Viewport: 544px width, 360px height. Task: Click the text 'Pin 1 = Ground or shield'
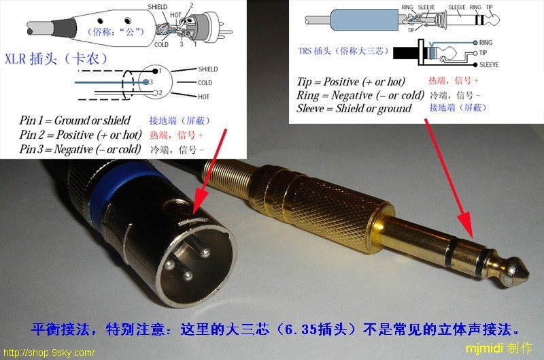[x=75, y=120]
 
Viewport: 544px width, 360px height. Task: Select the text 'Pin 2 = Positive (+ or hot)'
[x=80, y=135]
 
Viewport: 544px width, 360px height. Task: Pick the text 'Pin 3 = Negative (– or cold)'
[x=80, y=149]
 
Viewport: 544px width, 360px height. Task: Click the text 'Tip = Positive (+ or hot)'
[x=351, y=82]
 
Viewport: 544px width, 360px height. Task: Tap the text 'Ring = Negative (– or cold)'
[x=360, y=95]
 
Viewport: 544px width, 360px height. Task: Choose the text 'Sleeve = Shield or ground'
[x=354, y=108]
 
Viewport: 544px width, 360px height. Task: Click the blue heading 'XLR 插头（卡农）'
[x=56, y=59]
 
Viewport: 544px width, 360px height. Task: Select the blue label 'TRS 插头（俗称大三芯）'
[x=343, y=51]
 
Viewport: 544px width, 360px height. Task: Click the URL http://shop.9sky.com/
[x=48, y=353]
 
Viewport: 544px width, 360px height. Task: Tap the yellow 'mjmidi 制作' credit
[x=498, y=348]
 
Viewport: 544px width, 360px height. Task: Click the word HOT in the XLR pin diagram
[x=203, y=97]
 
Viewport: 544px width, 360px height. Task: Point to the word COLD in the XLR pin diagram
[x=205, y=83]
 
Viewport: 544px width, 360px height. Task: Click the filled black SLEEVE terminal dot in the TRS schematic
[x=475, y=65]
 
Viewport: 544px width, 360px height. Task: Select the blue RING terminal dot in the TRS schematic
[x=475, y=43]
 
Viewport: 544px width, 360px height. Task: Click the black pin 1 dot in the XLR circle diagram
[x=155, y=71]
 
